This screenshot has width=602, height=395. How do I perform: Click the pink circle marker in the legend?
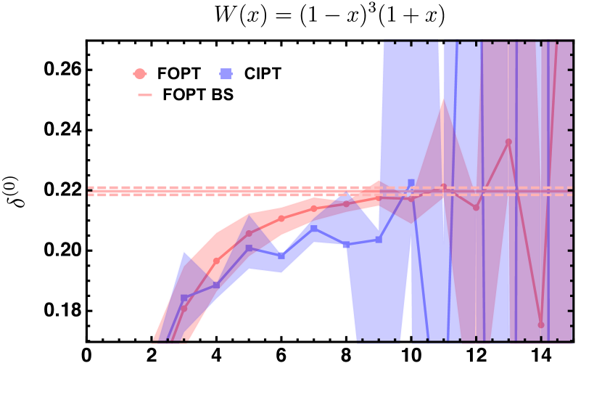click(140, 73)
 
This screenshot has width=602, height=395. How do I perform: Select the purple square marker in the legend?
click(226, 73)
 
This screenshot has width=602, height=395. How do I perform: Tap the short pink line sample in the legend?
click(145, 95)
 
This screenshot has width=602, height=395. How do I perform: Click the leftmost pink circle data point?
click(184, 309)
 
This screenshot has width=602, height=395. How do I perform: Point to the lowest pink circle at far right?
click(541, 325)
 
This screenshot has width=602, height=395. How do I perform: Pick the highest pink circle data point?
click(508, 142)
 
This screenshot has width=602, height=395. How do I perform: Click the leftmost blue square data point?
click(184, 298)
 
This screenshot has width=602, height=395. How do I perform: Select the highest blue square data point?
click(411, 182)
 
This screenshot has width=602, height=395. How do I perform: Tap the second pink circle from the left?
click(216, 261)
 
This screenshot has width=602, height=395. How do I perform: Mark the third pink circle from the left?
click(249, 233)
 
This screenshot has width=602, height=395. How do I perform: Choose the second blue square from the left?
click(216, 285)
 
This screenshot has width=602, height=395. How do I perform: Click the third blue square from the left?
click(249, 248)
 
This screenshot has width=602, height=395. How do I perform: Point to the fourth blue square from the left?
click(281, 256)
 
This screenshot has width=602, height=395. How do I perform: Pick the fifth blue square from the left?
click(314, 229)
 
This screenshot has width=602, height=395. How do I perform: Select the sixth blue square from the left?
click(346, 245)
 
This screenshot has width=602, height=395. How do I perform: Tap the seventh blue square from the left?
click(379, 239)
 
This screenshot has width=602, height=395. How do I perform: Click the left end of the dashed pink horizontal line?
click(90, 191)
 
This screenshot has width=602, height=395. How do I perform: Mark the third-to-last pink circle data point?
click(476, 208)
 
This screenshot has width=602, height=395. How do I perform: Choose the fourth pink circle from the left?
click(281, 218)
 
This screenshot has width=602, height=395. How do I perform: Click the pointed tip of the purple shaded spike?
click(442, 97)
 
